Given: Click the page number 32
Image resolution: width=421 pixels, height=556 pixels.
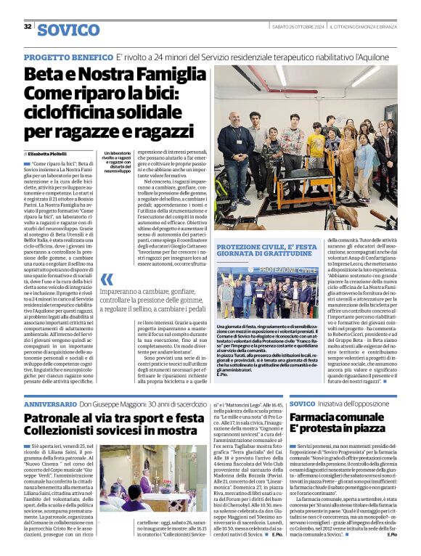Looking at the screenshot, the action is (28, 27).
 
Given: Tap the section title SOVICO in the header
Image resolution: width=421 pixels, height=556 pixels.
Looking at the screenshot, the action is (68, 30).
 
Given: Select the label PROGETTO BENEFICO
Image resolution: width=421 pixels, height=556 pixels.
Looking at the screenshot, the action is (68, 57).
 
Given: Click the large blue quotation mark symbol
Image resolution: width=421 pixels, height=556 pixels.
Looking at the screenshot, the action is (107, 279).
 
